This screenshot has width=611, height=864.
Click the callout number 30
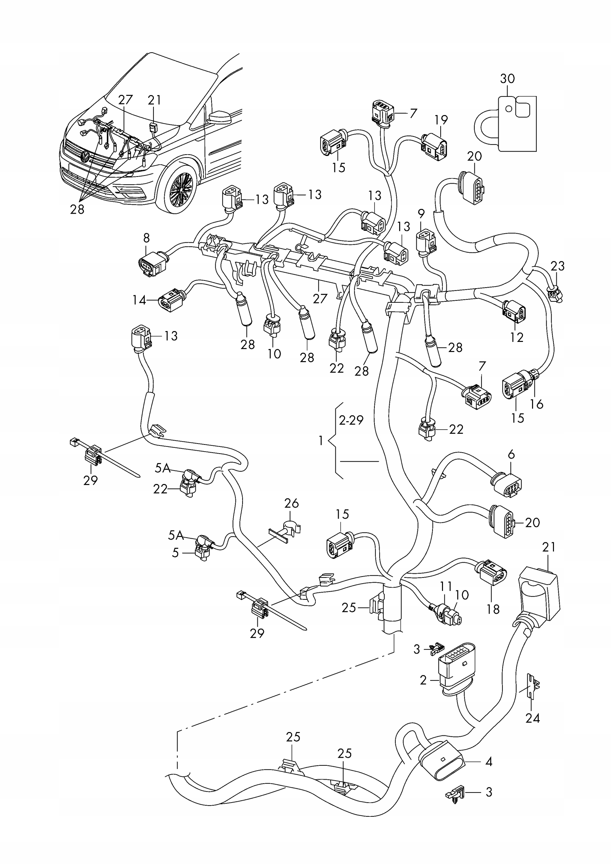point(507,79)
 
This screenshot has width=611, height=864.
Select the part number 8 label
point(146,238)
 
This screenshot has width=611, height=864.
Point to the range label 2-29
point(351,420)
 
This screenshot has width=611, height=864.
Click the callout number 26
point(291,503)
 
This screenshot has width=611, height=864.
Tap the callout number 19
point(441,120)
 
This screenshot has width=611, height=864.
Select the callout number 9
point(421,214)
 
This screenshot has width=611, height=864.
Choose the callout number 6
point(511,455)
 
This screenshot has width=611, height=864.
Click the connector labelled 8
point(151,265)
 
